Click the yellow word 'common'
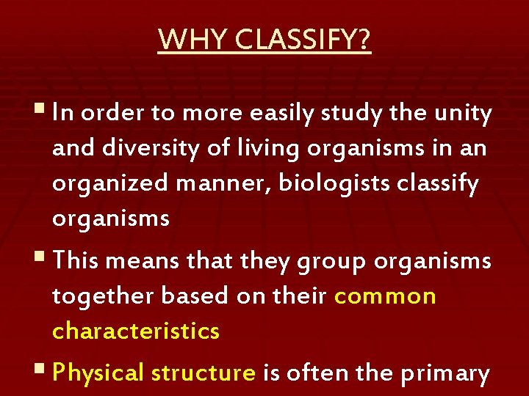click(385, 296)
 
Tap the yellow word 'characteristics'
click(136, 331)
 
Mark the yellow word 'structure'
click(203, 373)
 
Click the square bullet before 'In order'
click(41, 111)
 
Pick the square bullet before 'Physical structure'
click(41, 370)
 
